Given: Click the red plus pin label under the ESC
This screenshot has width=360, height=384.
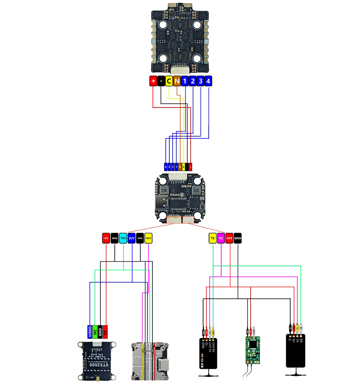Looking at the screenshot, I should [x=153, y=81].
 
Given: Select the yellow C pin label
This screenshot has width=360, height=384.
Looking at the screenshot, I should [x=169, y=81].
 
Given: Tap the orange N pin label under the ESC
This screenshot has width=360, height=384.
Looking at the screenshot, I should [x=177, y=81].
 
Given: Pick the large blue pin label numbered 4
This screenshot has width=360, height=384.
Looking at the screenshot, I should [x=208, y=81].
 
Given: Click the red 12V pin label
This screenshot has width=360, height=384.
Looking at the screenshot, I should [x=106, y=238].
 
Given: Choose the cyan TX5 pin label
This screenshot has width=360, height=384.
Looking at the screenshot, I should [x=123, y=238].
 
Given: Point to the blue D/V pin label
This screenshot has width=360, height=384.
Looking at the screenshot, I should [x=132, y=238].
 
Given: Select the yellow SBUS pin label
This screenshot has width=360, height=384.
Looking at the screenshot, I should [x=148, y=238].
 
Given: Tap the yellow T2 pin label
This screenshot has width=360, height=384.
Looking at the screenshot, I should [x=212, y=238].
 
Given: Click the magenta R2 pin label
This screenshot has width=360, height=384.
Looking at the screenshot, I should [x=221, y=238].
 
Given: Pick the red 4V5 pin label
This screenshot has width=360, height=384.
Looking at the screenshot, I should [x=229, y=238].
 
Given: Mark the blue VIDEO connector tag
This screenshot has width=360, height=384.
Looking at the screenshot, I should [x=90, y=331].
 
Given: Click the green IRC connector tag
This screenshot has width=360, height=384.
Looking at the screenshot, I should [x=95, y=331].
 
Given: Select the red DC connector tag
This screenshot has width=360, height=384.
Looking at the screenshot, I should [x=105, y=331].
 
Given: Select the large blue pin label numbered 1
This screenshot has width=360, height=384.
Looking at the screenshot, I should [x=185, y=81].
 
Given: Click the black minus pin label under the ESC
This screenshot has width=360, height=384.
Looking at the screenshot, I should [x=161, y=81].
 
